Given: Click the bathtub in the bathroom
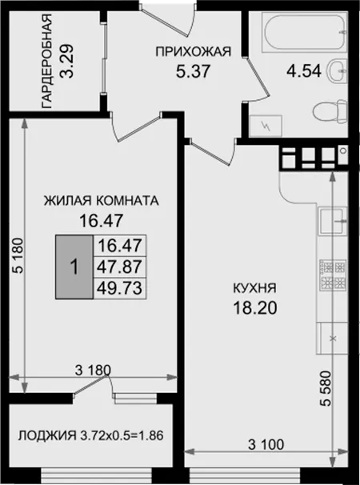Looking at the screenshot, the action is (305, 33).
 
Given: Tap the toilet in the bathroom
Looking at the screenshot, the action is (329, 111).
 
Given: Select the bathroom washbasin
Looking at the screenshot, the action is (336, 71).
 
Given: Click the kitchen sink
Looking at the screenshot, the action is (332, 221).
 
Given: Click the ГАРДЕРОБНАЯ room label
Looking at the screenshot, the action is (46, 61).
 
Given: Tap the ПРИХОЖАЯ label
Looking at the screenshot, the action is (194, 52).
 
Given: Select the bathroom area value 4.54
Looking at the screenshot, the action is (304, 71).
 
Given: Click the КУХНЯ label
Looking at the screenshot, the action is (254, 288).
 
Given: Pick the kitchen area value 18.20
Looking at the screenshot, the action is (255, 308).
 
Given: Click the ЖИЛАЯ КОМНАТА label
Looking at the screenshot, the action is (101, 201).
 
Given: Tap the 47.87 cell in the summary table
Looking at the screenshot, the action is (120, 267).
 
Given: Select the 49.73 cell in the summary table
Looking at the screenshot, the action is (120, 288).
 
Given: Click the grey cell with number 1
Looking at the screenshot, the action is (74, 267).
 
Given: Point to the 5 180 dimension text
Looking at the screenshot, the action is (18, 255).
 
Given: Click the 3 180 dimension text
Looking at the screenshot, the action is (93, 371).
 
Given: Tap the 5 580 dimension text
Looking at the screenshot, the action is (326, 388).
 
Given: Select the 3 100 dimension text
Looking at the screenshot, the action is (266, 445).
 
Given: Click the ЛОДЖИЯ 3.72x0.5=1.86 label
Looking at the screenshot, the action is (90, 435).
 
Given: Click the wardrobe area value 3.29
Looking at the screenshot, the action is (67, 61).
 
